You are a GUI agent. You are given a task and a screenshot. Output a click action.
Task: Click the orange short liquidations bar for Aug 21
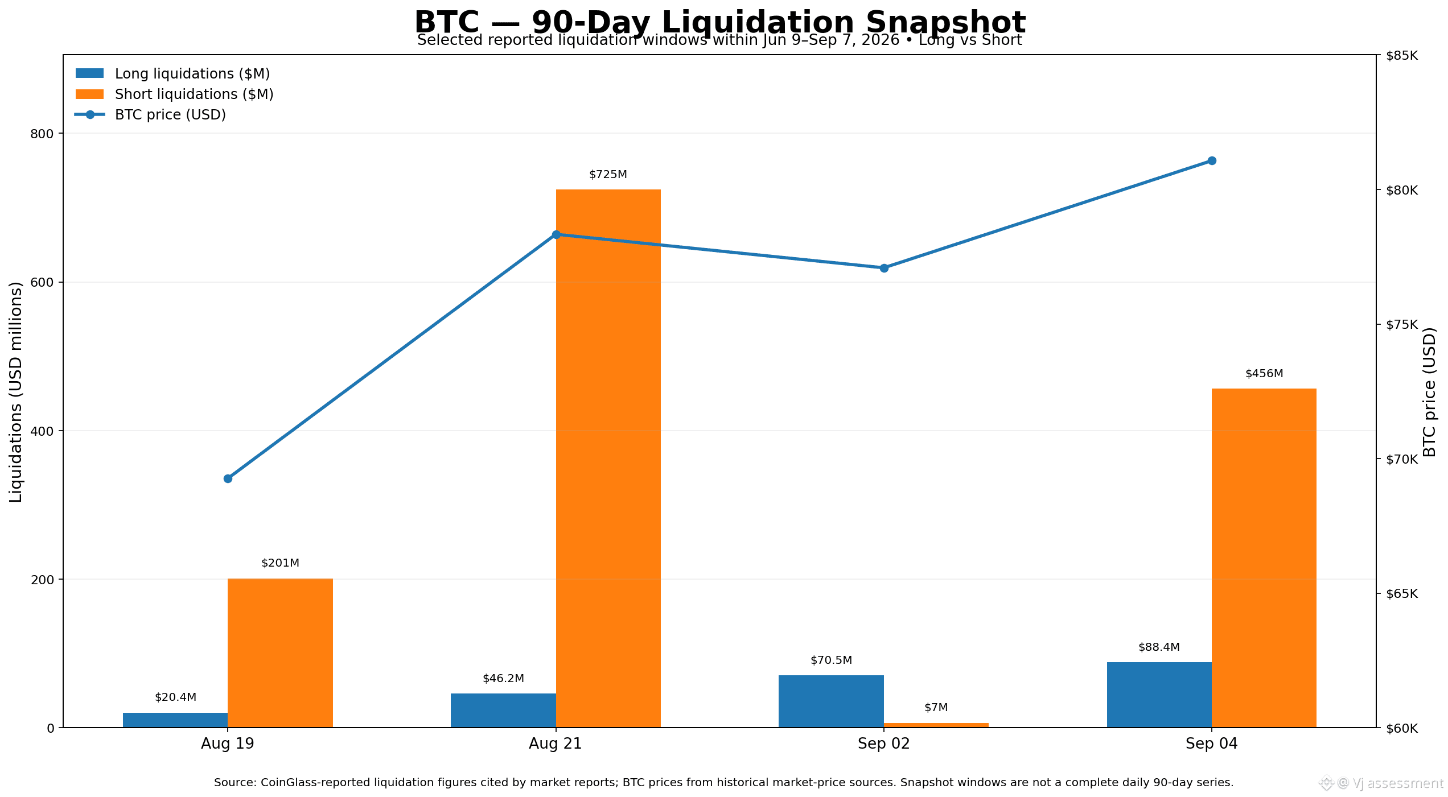click(x=608, y=458)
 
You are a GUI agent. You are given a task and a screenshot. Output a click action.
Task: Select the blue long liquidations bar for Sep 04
click(x=1159, y=695)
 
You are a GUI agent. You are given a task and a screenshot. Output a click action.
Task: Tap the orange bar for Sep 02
click(x=936, y=725)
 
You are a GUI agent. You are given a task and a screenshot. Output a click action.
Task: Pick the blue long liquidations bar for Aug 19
click(x=175, y=720)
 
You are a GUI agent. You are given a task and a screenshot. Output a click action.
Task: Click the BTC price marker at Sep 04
click(x=1212, y=161)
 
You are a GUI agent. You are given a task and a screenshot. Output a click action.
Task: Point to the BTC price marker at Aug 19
click(x=228, y=478)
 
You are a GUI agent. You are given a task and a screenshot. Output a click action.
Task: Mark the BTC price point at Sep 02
click(x=884, y=268)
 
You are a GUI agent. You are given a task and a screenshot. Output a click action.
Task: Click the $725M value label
click(x=608, y=175)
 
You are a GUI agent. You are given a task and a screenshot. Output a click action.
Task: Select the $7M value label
click(x=936, y=708)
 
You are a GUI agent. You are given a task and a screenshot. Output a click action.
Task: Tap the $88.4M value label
click(x=1159, y=647)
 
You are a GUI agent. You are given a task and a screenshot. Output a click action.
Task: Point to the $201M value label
click(x=280, y=563)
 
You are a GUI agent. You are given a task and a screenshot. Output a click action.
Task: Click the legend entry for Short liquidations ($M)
click(x=174, y=94)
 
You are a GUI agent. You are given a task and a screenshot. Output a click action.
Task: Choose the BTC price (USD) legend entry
click(x=150, y=115)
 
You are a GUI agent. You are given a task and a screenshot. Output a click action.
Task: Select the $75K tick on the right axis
click(x=1402, y=325)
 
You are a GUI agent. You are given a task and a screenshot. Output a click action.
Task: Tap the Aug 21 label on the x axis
click(x=556, y=744)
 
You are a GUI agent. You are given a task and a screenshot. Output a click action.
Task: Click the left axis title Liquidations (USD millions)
click(x=16, y=392)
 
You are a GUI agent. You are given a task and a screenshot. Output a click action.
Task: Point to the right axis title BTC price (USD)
click(x=1430, y=392)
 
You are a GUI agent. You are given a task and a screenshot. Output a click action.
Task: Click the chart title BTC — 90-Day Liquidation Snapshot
click(x=719, y=23)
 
